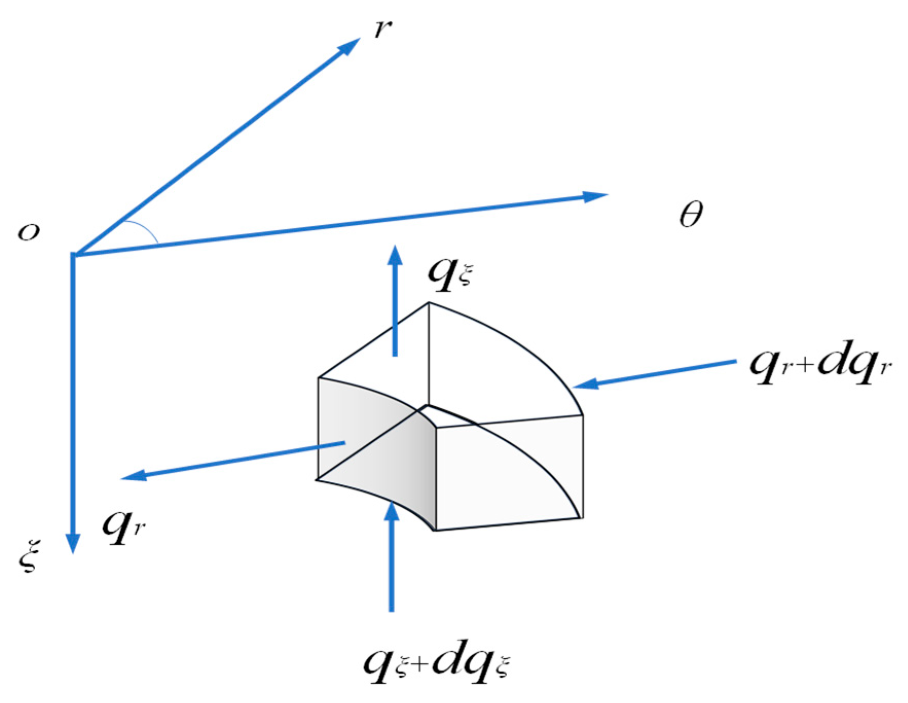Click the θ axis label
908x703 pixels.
[691, 214]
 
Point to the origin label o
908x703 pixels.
[29, 232]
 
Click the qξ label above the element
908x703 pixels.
[449, 274]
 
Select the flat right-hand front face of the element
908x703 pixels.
[509, 473]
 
